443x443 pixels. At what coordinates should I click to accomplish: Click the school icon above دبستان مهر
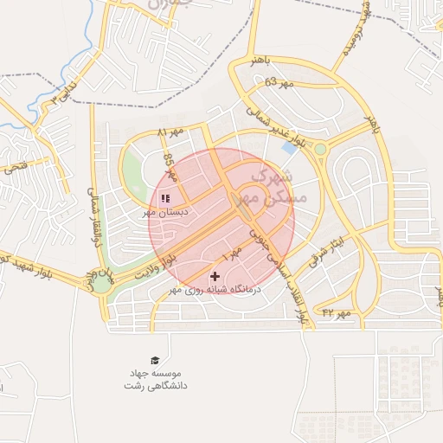pyautogui.click(x=165, y=198)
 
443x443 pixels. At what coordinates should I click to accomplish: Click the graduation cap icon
pyautogui.click(x=155, y=360)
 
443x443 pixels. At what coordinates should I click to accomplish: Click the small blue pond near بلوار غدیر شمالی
pyautogui.click(x=288, y=148)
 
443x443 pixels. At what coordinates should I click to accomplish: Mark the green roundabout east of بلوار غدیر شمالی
pyautogui.click(x=320, y=150)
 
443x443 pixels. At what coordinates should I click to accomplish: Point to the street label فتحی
pyautogui.click(x=17, y=162)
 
